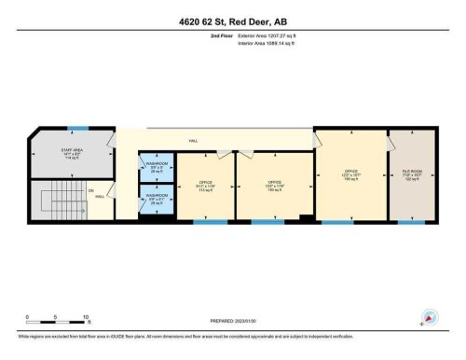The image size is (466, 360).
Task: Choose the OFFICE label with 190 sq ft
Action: [x=351, y=173]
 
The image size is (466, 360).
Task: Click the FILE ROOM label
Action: [x=412, y=173]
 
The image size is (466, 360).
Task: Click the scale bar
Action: [x=57, y=325]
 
